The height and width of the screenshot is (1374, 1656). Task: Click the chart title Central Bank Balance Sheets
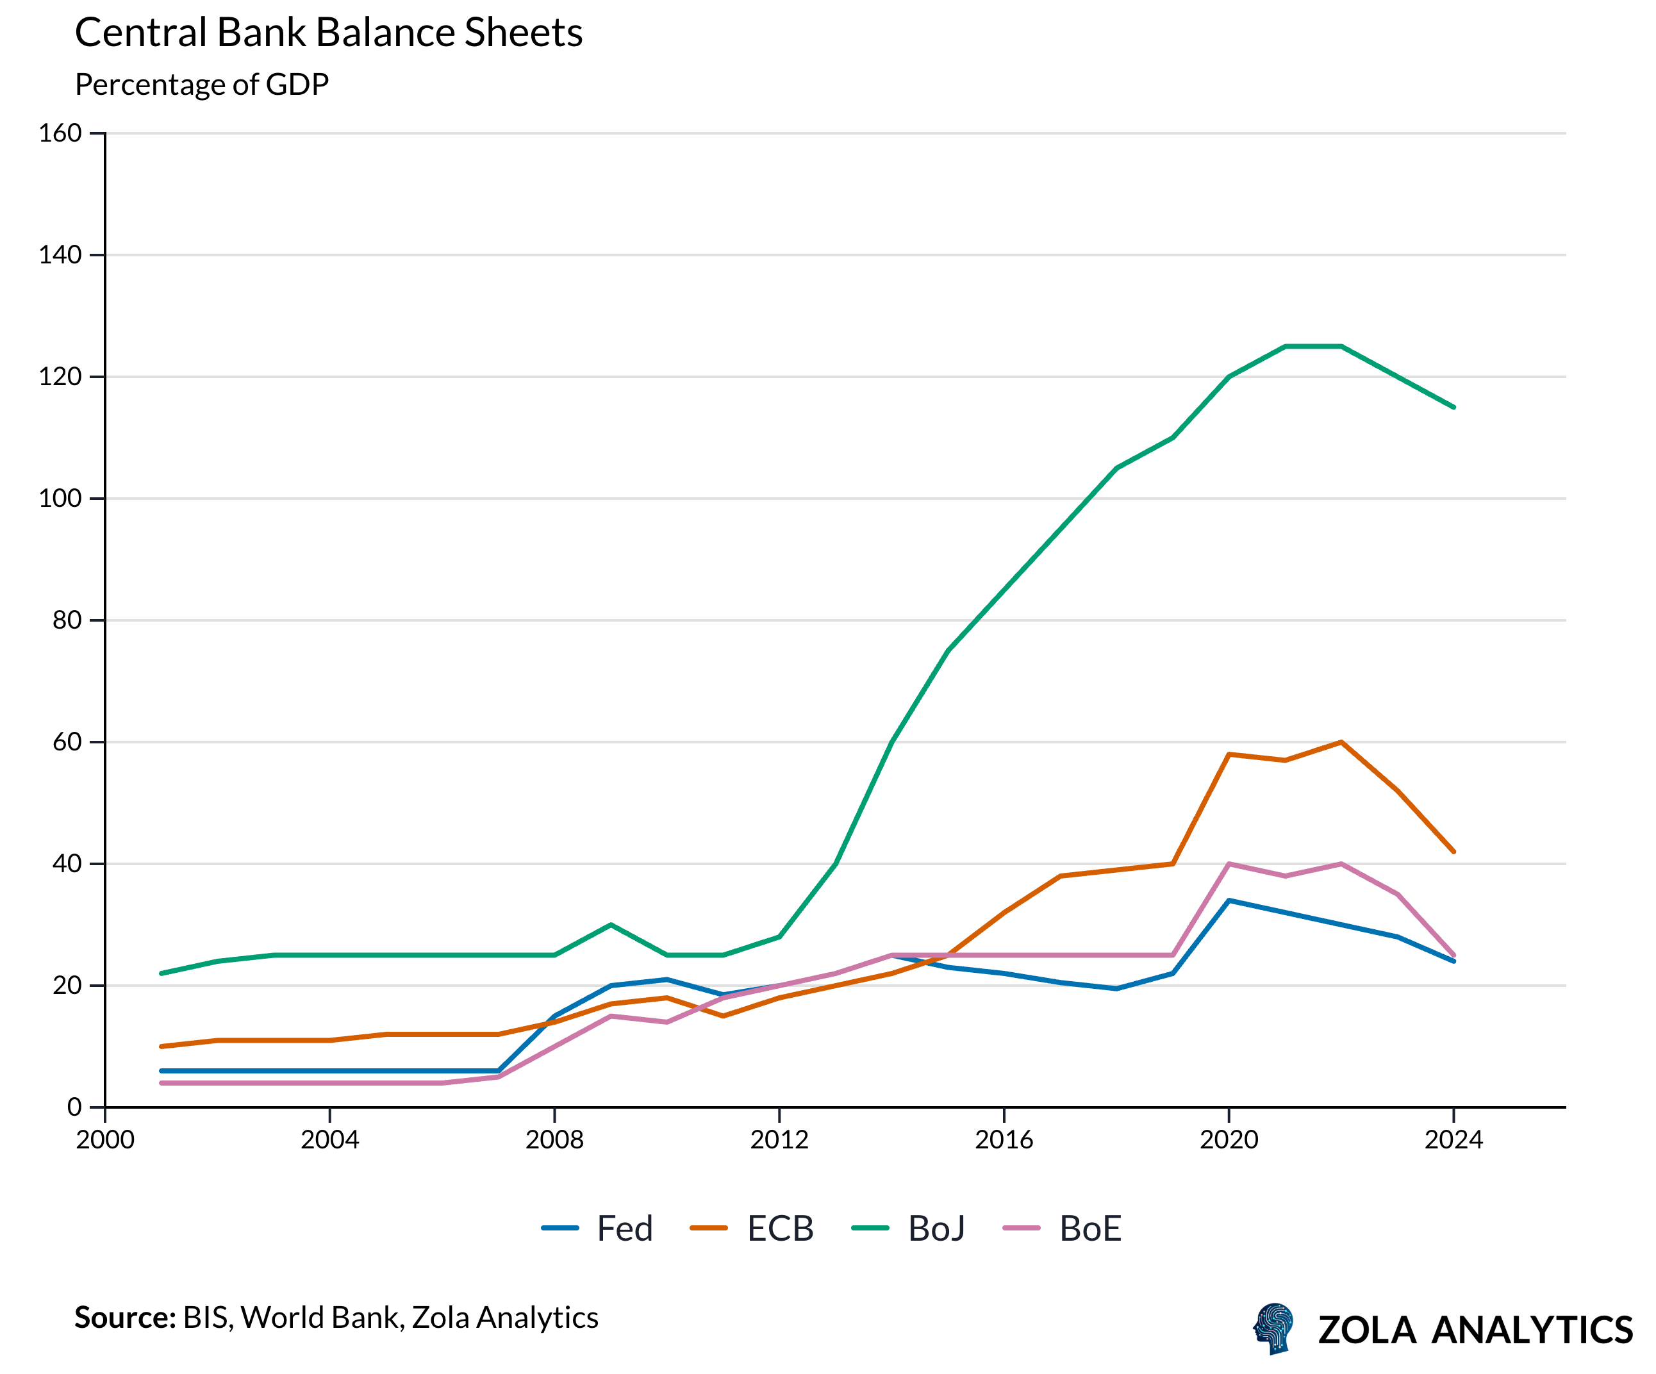[328, 33]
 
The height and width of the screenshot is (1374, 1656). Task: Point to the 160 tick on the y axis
[61, 133]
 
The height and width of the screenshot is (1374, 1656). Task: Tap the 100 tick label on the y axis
[61, 499]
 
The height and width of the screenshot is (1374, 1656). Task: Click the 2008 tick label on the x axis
[554, 1139]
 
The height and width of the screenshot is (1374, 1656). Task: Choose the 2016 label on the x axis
[1004, 1139]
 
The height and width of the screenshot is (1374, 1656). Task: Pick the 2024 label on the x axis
[1453, 1139]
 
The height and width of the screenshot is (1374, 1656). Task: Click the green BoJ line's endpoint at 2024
[1453, 407]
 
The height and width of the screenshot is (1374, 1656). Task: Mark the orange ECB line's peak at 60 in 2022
[1341, 742]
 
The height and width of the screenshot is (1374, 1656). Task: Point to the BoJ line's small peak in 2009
[611, 924]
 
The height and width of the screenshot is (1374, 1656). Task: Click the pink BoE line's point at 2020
[1229, 864]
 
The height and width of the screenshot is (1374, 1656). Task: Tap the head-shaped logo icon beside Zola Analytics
[1273, 1328]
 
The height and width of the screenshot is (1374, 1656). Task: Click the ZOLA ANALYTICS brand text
[1475, 1330]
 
